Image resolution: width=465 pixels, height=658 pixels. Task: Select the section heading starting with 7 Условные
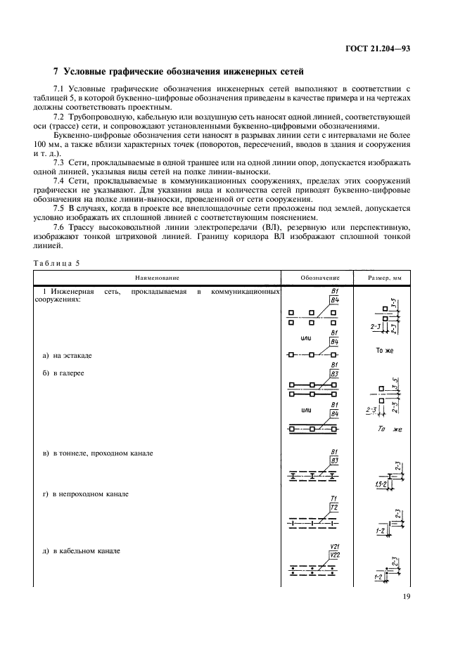[x=179, y=71]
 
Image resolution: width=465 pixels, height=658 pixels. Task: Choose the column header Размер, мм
[x=387, y=278]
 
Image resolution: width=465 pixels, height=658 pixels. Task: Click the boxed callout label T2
[x=334, y=508]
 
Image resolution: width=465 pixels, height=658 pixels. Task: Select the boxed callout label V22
[x=334, y=556]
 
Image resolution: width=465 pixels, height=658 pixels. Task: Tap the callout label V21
[x=334, y=547]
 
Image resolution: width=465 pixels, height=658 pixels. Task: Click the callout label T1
[x=334, y=498]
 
